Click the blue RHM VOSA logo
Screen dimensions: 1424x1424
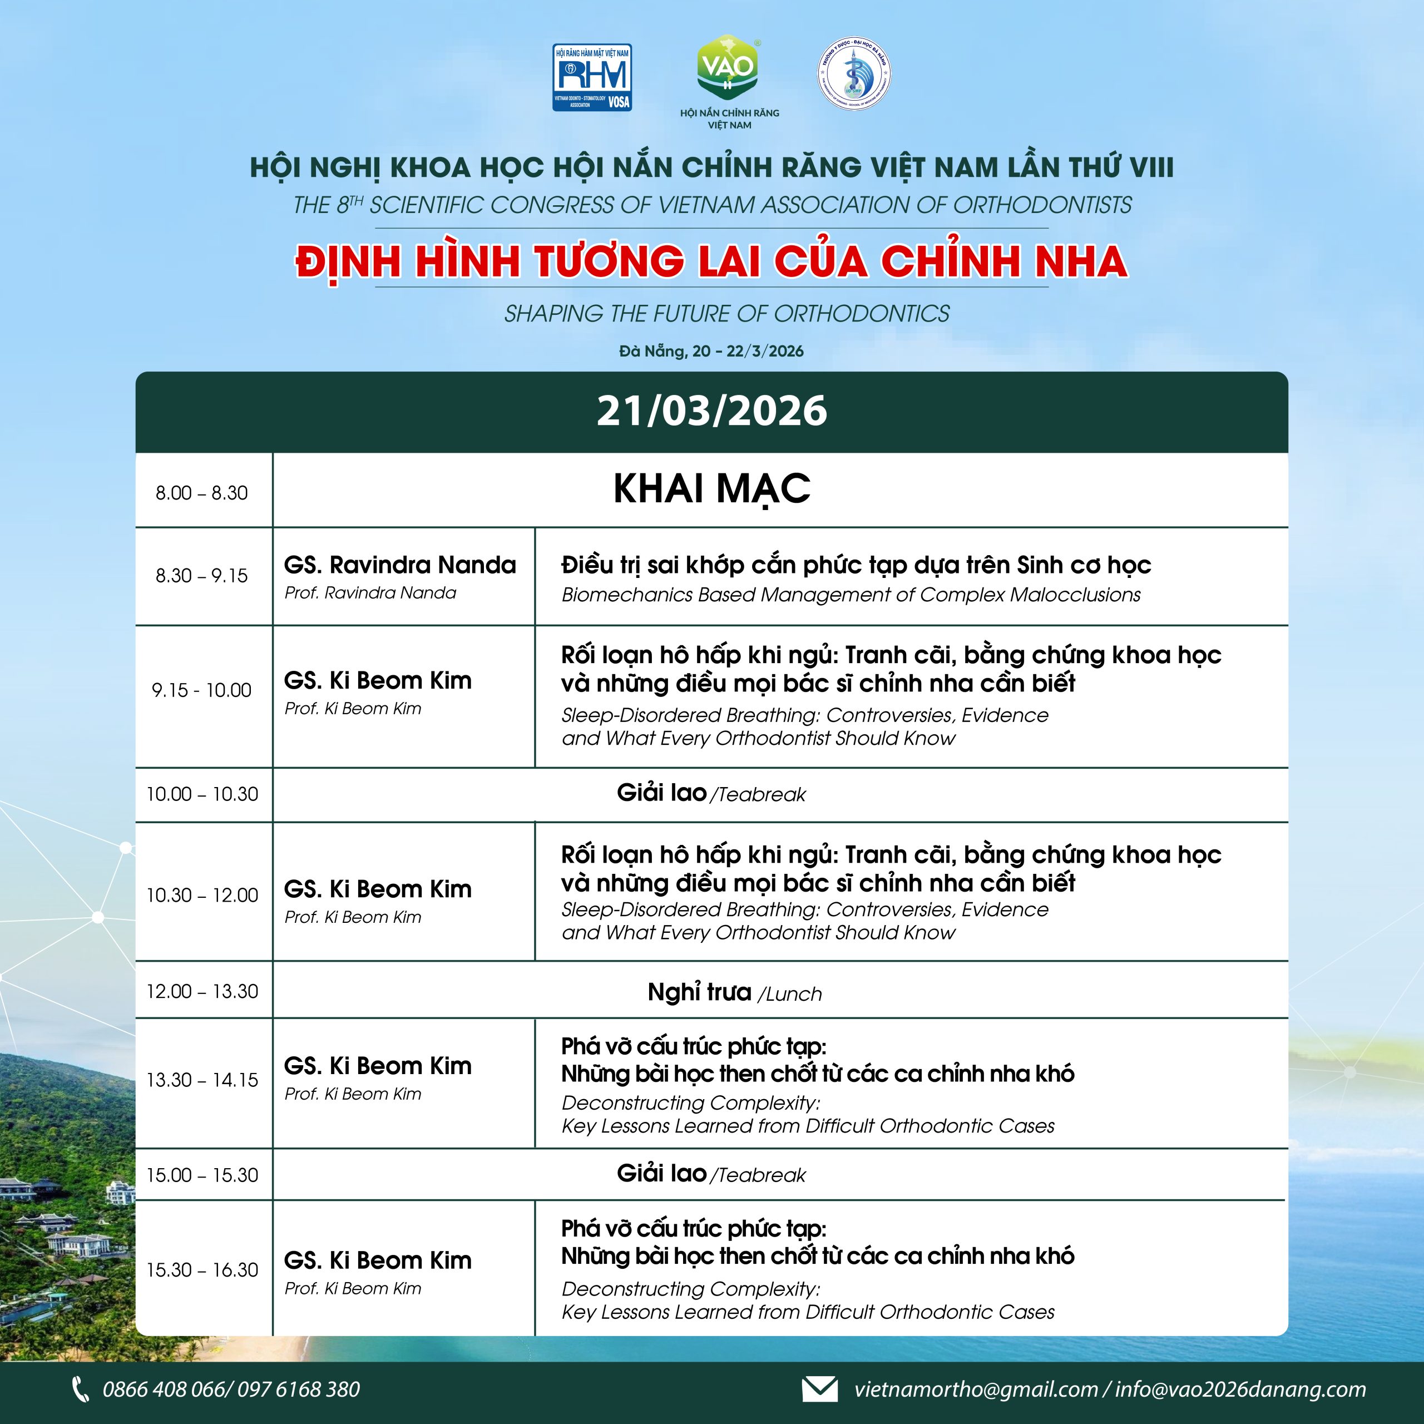point(592,77)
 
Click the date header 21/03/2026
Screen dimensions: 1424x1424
point(711,411)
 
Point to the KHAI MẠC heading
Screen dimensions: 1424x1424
point(711,489)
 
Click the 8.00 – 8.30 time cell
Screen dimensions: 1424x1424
point(202,492)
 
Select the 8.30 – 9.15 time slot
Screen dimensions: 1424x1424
point(202,575)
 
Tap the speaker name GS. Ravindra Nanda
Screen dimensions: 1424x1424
point(400,565)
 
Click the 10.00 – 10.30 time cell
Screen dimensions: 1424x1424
point(202,794)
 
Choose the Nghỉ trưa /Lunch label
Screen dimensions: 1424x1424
point(734,993)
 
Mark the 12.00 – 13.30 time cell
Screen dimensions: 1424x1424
point(202,991)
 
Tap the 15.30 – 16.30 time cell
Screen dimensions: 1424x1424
point(202,1270)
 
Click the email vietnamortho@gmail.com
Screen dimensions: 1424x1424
point(976,1390)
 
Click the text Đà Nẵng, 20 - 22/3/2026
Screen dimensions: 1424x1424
point(711,351)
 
